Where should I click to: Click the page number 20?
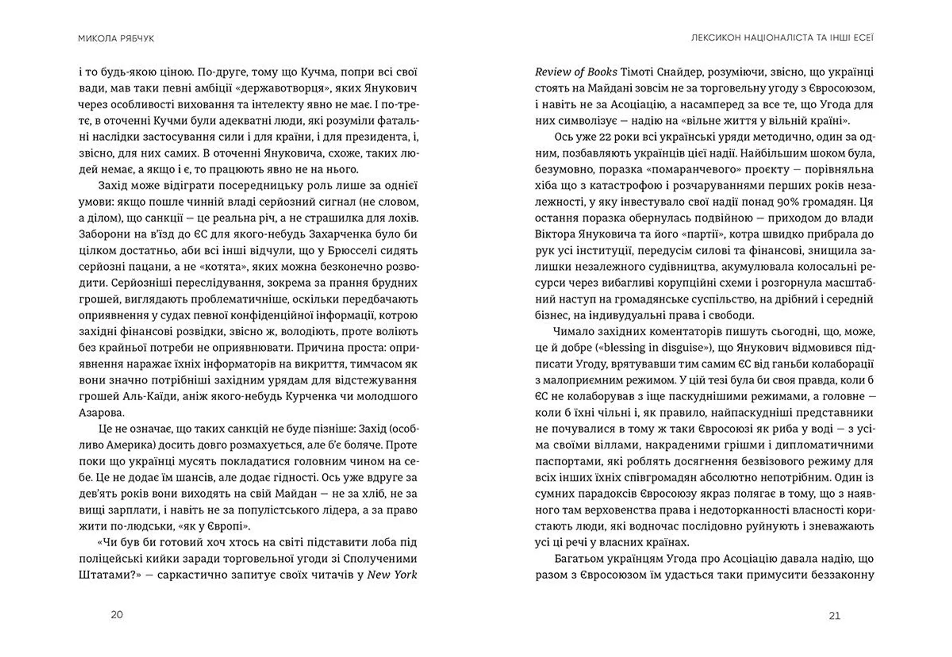[x=117, y=615]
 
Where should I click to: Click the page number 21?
[x=834, y=615]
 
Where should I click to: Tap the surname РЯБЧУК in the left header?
[x=134, y=38]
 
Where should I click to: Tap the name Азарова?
[x=102, y=413]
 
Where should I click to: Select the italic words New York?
[x=392, y=575]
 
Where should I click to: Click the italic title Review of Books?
[x=576, y=72]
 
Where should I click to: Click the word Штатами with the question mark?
[x=107, y=575]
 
